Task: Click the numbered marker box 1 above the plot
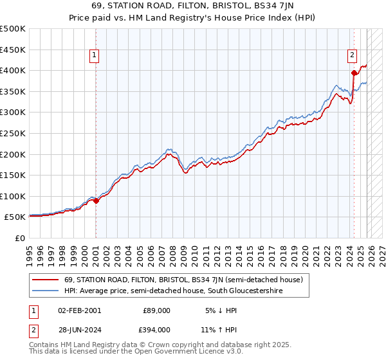click(x=94, y=56)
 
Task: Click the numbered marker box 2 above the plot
click(x=353, y=56)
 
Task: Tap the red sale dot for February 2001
click(x=96, y=201)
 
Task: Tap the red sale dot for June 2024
click(x=354, y=73)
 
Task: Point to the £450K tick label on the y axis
click(x=12, y=49)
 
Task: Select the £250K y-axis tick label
click(x=12, y=133)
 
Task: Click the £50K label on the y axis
click(x=15, y=217)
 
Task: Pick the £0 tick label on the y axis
click(x=20, y=239)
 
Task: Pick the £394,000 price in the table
click(x=156, y=330)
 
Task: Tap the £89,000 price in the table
click(x=156, y=310)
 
